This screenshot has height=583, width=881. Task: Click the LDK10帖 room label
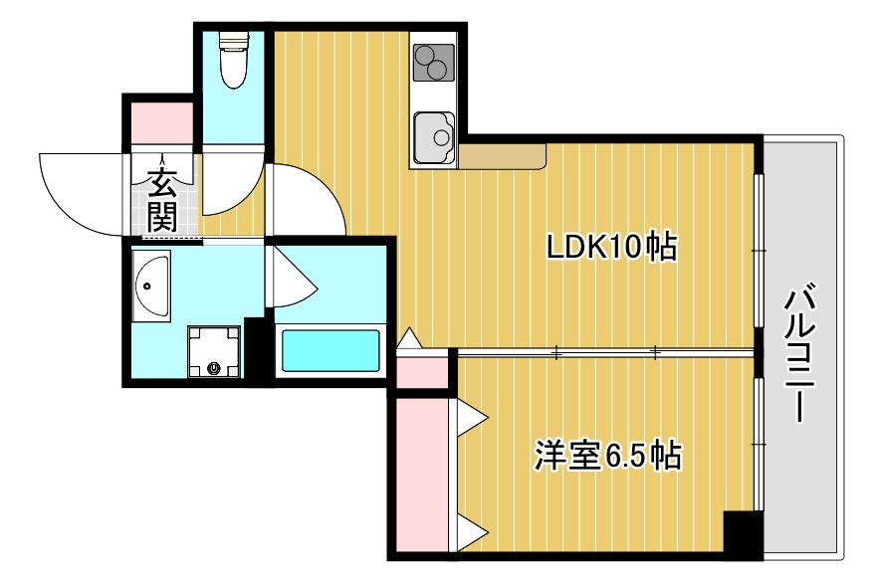[611, 246]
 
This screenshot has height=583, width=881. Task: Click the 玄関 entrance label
[161, 200]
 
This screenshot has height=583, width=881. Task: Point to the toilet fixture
[233, 61]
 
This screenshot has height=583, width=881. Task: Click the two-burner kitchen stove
[432, 62]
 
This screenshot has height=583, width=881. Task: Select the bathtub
[331, 350]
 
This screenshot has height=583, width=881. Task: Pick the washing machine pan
[214, 352]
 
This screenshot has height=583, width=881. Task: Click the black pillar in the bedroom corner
[743, 534]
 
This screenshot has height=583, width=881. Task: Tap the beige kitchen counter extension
[503, 155]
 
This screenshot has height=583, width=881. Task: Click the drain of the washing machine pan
[214, 369]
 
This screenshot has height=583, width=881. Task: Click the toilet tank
[233, 41]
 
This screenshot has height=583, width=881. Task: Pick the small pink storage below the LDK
[421, 370]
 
